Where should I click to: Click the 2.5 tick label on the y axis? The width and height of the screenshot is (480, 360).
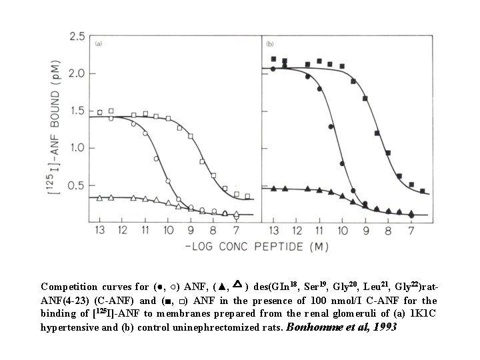point(77,35)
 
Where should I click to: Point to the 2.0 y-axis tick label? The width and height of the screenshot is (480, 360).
point(77,73)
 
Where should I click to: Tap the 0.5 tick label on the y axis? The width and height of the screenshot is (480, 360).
point(77,185)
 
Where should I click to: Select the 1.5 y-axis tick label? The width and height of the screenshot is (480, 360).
point(77,110)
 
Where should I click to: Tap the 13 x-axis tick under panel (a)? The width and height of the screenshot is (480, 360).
point(99,231)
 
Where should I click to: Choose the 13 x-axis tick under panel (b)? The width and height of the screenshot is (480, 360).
point(273,231)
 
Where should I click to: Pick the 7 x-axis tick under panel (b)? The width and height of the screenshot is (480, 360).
point(411,231)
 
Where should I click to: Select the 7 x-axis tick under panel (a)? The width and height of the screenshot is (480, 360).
point(237,231)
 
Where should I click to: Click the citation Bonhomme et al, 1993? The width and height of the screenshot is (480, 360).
point(342,327)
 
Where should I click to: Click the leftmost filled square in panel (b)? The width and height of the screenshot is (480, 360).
point(273,59)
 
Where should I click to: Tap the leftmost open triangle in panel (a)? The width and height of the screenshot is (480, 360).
point(99,198)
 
